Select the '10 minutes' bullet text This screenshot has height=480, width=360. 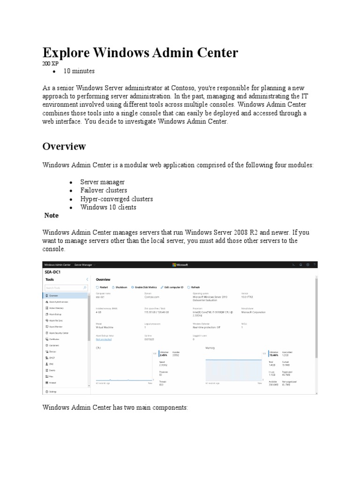[80, 71]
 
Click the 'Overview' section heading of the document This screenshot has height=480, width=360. [64, 146]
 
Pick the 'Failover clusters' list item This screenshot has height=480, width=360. [103, 190]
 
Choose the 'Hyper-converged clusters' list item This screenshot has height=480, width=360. [116, 199]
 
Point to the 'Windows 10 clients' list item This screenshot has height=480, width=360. [108, 207]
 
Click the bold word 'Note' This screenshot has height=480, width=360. [51, 216]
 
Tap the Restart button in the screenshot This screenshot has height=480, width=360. [102, 287]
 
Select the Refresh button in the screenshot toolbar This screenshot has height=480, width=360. [194, 287]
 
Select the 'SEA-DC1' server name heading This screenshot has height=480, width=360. [53, 271]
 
